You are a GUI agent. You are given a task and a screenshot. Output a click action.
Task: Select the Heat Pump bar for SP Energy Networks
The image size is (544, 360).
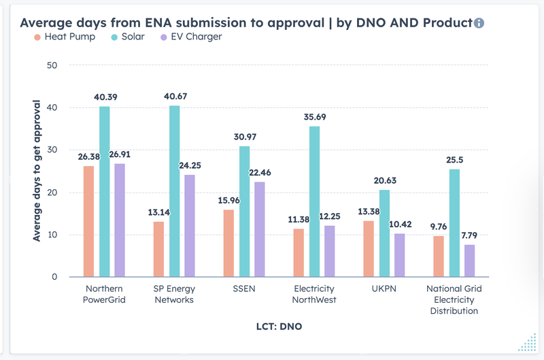pyautogui.click(x=158, y=249)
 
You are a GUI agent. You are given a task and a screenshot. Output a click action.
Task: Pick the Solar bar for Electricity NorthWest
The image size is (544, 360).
pyautogui.click(x=314, y=201)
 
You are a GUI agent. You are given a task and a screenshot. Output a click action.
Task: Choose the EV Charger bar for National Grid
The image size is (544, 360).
pyautogui.click(x=469, y=261)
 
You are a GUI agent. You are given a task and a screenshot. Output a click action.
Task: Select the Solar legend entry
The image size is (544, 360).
pyautogui.click(x=129, y=36)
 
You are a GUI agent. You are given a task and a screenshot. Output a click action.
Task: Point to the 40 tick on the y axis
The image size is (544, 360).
pyautogui.click(x=52, y=108)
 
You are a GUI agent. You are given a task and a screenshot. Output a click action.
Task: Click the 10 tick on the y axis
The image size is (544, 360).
pyautogui.click(x=52, y=235)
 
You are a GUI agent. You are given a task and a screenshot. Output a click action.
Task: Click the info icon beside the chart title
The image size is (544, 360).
pyautogui.click(x=479, y=23)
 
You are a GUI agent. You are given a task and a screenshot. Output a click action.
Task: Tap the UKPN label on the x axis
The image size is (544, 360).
pyautogui.click(x=385, y=289)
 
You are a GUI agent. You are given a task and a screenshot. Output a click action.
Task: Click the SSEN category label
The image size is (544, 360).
pyautogui.click(x=243, y=289)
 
